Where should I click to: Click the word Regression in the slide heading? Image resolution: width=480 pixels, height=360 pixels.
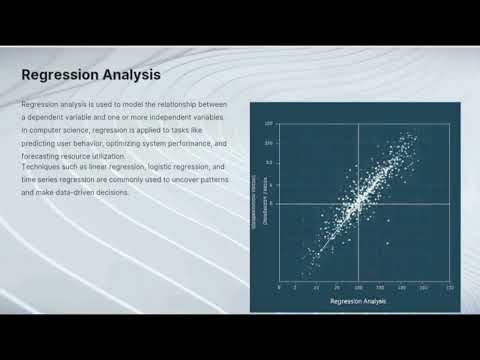(55, 74)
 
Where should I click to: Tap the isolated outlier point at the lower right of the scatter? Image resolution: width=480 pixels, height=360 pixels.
(388, 243)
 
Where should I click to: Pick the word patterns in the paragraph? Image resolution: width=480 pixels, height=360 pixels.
(212, 180)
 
